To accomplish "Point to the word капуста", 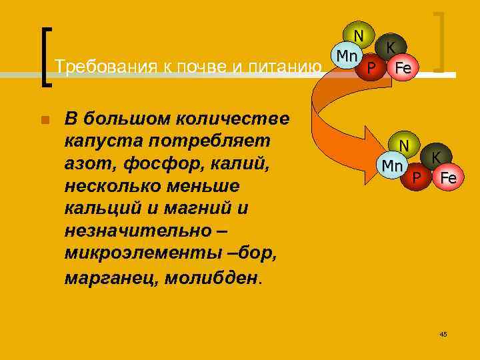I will tap(109, 141).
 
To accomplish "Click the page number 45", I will tap(443, 333).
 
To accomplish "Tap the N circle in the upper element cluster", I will tap(359, 35).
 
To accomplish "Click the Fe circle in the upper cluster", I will tap(402, 67).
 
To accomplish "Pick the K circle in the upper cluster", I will tap(391, 47).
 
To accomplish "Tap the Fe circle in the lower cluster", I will tap(447, 178).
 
